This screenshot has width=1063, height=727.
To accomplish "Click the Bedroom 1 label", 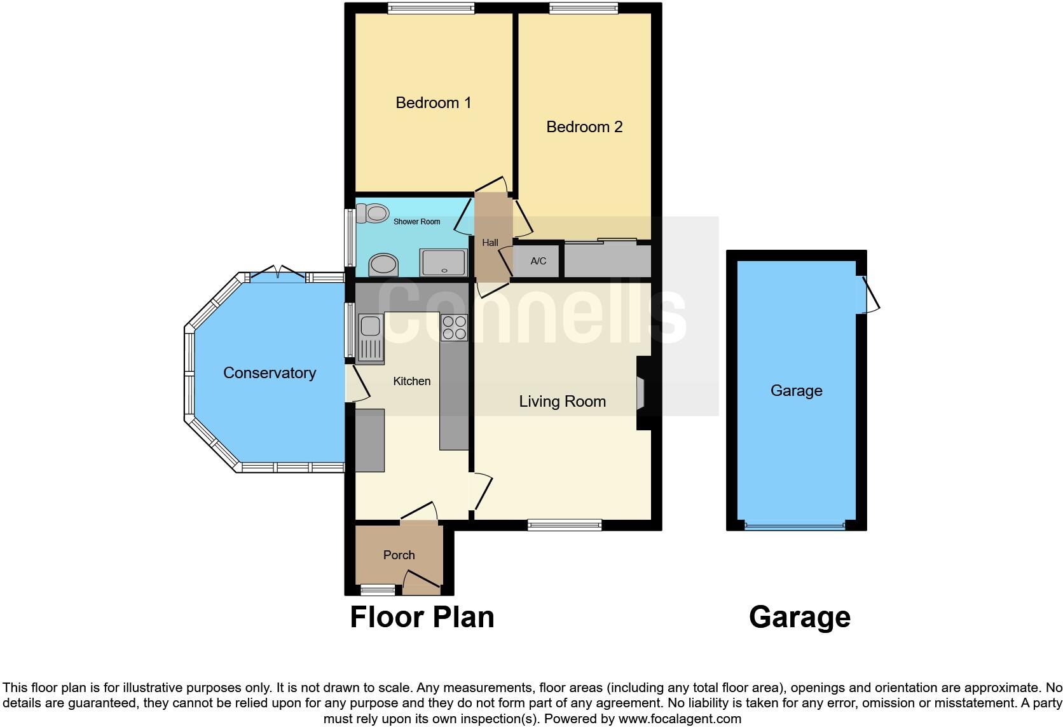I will [433, 102].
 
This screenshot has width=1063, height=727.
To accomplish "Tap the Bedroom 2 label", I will [584, 126].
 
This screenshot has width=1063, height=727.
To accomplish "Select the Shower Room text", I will [416, 222].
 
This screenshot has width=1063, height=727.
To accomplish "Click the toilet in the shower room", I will [373, 214].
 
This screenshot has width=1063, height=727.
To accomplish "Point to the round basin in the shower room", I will [383, 264].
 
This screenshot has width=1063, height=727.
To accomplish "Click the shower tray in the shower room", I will [443, 262].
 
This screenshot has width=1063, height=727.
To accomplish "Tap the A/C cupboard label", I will [538, 261].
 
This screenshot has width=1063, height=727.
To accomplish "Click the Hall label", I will [490, 243].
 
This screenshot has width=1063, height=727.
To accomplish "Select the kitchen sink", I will [370, 338].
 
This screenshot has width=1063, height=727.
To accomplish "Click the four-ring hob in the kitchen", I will [454, 327].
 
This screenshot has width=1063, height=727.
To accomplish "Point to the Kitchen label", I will [411, 381].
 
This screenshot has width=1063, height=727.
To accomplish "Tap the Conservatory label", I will [269, 373].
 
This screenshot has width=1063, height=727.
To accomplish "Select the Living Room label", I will [562, 402].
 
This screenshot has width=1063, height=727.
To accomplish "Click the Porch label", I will [399, 555].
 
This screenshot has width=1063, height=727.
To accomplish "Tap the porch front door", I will [422, 582].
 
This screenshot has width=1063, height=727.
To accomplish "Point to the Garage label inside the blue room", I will [796, 391].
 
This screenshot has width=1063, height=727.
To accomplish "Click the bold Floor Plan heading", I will [422, 617].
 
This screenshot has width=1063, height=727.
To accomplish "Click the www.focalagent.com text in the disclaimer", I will [680, 719].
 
